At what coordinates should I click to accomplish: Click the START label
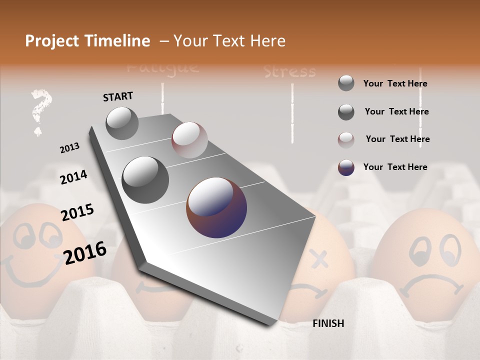[118, 96]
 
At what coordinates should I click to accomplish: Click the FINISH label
[328, 323]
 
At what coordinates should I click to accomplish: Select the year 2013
[69, 148]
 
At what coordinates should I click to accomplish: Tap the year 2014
[73, 177]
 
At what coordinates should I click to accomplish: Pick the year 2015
[77, 213]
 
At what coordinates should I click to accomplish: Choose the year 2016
[85, 252]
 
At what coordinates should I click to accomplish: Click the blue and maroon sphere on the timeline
[216, 207]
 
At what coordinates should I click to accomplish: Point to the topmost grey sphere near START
[122, 123]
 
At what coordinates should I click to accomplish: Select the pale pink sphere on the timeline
[189, 140]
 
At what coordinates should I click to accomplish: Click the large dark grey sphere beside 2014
[145, 179]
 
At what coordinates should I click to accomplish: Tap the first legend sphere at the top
[346, 83]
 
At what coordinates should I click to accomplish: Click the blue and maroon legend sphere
[346, 167]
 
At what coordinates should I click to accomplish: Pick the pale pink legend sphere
[346, 139]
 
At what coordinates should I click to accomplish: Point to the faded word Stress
[290, 72]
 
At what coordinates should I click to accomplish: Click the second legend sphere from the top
[346, 111]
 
